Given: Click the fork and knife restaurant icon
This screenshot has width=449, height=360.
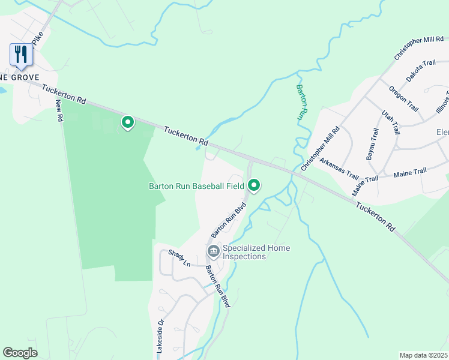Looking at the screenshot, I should [22, 55].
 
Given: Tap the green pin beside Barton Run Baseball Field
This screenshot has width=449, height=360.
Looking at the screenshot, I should [254, 186].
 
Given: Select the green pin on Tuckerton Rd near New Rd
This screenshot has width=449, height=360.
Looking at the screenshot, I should [127, 122].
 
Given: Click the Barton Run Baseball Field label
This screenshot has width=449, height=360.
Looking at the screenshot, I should [196, 187].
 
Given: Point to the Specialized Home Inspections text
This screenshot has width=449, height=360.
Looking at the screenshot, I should [256, 252].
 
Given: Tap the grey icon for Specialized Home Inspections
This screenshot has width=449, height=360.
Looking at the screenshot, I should [212, 251].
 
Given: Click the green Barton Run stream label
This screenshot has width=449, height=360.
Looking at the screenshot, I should [302, 103].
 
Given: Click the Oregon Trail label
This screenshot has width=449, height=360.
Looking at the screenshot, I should [403, 98].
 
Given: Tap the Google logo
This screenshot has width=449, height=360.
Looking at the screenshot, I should [20, 353].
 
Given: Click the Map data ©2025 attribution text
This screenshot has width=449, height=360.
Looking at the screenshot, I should [424, 355].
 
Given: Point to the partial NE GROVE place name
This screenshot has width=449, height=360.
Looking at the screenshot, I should [20, 77].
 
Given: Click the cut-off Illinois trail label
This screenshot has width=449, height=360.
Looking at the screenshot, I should [443, 99].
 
